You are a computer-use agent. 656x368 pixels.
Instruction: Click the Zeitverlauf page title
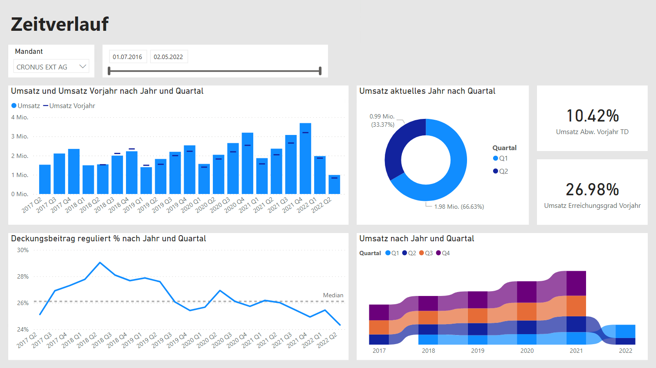click(x=60, y=24)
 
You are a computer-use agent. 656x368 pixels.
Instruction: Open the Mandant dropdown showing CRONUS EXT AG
click(x=52, y=67)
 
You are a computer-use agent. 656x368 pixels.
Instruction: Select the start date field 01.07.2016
click(x=127, y=57)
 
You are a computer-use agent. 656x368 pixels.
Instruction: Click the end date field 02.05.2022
click(x=169, y=57)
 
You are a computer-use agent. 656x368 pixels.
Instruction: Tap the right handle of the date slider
click(x=320, y=71)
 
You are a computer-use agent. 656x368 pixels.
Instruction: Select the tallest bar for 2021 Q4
click(x=305, y=158)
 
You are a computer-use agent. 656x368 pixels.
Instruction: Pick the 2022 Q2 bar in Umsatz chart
click(x=334, y=184)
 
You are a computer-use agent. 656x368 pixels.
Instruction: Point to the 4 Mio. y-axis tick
click(x=20, y=117)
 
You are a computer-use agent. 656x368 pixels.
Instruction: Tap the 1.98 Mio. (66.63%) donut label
click(x=459, y=207)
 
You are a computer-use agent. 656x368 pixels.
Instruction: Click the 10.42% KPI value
click(x=592, y=116)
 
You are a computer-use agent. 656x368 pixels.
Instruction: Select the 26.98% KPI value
click(x=592, y=190)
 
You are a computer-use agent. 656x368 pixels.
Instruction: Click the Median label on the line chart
click(x=333, y=295)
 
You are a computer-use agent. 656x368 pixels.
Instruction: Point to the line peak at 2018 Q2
click(x=100, y=263)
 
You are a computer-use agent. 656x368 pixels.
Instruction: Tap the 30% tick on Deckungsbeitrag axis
click(x=23, y=250)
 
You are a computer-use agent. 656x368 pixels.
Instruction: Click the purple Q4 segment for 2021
click(x=576, y=283)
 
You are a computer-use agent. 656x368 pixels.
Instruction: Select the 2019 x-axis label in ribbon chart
click(x=477, y=351)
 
